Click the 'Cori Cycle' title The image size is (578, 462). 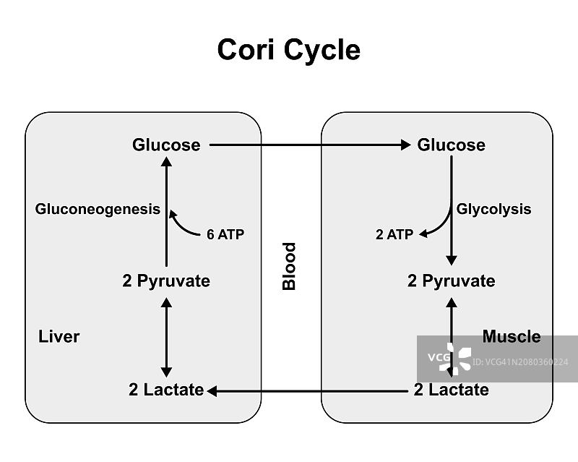coord(288,50)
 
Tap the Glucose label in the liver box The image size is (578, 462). coord(166,145)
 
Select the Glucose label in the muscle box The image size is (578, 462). coord(452,145)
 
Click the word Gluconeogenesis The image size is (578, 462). coord(98,209)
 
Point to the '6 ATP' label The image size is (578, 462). coord(225,235)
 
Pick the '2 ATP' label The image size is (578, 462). coord(394,235)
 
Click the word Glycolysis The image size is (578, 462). coord(493,209)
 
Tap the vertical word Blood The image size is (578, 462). coord(289,267)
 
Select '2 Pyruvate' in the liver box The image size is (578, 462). coord(166,281)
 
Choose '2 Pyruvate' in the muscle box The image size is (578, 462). coord(452,281)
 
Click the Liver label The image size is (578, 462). coord(59,336)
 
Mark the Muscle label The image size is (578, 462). coord(512,336)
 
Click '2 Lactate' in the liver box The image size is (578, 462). coord(166,390)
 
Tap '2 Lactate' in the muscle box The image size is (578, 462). coord(452,390)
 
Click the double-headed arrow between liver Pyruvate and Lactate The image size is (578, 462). coord(166,335)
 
